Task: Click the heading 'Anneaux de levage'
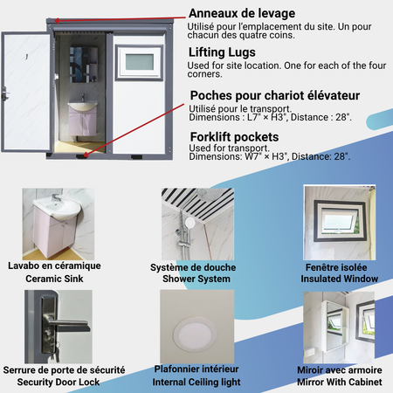pos(242,13)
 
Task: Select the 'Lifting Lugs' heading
pos(222,52)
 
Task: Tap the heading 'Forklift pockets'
pos(234,137)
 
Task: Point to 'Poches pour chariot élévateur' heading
pos(275,95)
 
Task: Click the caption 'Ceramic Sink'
pos(54,279)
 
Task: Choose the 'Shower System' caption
pos(196,279)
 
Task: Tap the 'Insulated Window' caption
pos(340,279)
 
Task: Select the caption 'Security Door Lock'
pos(59,382)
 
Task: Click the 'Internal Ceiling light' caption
pos(196,382)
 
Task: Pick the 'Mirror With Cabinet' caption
pos(340,382)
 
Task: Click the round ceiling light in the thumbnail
pos(195,334)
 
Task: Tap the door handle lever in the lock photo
pos(69,326)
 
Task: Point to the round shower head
pos(190,224)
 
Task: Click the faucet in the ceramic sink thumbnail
pos(57,197)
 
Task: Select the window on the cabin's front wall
pos(140,62)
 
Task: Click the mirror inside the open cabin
pos(83,65)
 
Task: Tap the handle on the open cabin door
pos(4,93)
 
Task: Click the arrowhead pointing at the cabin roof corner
pos(58,21)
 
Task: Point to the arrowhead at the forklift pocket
pos(86,155)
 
